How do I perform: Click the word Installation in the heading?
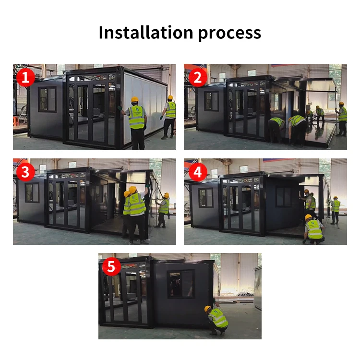tap(144, 33)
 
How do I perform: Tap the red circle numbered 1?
tap(25, 77)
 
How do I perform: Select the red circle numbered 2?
tap(197, 77)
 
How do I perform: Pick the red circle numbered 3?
tap(25, 172)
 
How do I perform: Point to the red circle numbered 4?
tap(197, 172)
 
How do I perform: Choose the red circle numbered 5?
tap(111, 266)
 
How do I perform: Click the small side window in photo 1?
tap(47, 99)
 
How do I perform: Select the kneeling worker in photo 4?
tap(314, 229)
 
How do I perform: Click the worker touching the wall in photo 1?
tap(136, 122)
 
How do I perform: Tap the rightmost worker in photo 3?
tap(164, 209)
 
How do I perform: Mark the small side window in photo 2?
tap(211, 101)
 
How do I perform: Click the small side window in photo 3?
tap(32, 192)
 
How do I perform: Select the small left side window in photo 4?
tap(205, 197)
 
